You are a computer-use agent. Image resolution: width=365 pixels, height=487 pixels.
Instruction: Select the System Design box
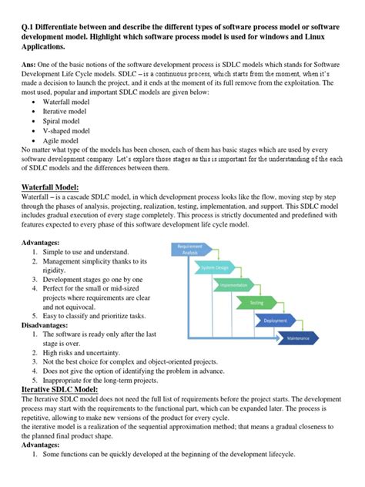(x=215, y=267)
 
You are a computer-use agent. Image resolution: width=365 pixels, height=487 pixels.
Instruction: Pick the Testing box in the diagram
(x=256, y=303)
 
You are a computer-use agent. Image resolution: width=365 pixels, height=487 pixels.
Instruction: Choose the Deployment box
(x=275, y=320)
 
